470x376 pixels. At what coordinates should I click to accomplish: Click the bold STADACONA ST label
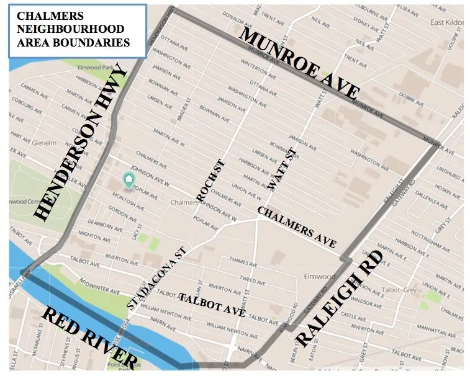(156, 277)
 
